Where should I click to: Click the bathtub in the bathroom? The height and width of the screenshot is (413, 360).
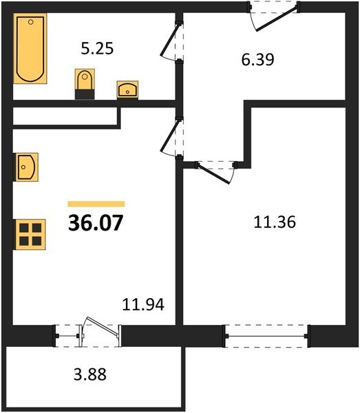30,48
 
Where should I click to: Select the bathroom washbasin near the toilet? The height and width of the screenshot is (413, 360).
127,89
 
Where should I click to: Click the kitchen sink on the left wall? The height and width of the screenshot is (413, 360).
26,167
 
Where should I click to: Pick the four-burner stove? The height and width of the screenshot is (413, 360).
30,235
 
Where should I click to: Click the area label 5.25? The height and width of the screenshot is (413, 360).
97,49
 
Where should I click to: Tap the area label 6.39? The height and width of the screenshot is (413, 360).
258,59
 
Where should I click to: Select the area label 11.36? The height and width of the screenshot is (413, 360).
275,222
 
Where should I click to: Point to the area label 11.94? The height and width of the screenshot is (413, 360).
143,304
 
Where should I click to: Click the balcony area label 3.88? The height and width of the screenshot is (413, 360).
90,374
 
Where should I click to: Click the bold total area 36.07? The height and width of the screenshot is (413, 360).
96,223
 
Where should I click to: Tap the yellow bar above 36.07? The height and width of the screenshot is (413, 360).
96,204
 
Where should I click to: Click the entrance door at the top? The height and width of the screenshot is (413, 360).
274,16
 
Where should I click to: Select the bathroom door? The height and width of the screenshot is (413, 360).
171,42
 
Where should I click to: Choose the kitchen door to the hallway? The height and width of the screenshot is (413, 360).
171,138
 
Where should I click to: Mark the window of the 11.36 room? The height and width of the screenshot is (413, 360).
267,336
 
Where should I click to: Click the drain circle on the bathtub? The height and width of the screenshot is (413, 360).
31,22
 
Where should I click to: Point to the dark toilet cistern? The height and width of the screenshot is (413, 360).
85,94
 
